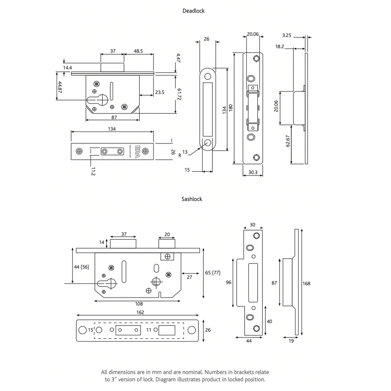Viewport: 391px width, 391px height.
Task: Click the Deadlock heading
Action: click(194, 11)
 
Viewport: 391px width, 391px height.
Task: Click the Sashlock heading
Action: click(192, 199)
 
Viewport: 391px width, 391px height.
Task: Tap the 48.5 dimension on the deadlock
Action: click(138, 51)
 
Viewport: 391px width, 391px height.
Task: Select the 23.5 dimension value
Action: click(160, 92)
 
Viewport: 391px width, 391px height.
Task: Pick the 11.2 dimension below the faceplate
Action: click(93, 171)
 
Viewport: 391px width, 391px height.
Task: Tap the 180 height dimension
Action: click(231, 108)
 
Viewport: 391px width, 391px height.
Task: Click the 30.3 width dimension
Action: click(253, 172)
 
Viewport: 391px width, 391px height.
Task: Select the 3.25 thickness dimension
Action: click(287, 36)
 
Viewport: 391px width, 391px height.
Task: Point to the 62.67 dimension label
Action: click(288, 141)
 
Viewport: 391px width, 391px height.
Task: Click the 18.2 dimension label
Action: click(280, 47)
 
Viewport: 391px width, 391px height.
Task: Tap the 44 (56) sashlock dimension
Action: click(82, 267)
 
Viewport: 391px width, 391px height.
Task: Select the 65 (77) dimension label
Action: click(213, 273)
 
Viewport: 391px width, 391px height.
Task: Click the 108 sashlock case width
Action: click(139, 304)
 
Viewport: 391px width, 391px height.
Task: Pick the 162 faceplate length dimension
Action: click(140, 312)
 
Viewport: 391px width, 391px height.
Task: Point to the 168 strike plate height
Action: click(306, 284)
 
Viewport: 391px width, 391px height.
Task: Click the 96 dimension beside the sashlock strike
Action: click(228, 282)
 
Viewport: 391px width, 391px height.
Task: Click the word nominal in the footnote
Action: click(192, 372)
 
